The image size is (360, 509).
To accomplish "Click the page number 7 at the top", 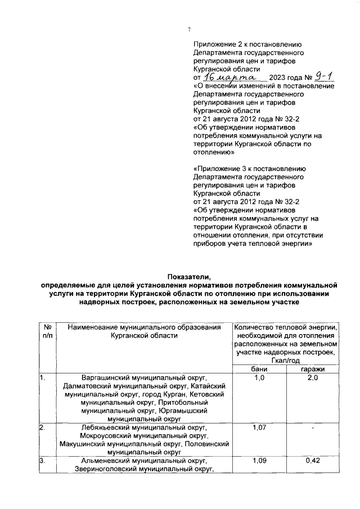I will [189, 30].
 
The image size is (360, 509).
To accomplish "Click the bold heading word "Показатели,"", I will [188, 276].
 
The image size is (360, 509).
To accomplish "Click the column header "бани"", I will [259, 368].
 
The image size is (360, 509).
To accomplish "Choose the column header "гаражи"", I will [312, 368].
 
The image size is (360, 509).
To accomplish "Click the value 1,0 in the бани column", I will [259, 378].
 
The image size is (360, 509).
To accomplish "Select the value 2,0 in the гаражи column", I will [312, 378].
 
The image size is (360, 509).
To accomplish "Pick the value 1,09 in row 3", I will [259, 461].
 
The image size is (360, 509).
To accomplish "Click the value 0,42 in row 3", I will [312, 461].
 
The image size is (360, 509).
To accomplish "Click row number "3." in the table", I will [42, 461].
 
